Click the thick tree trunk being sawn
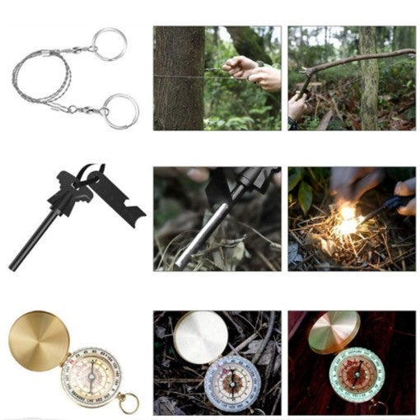click(x=179, y=78)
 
